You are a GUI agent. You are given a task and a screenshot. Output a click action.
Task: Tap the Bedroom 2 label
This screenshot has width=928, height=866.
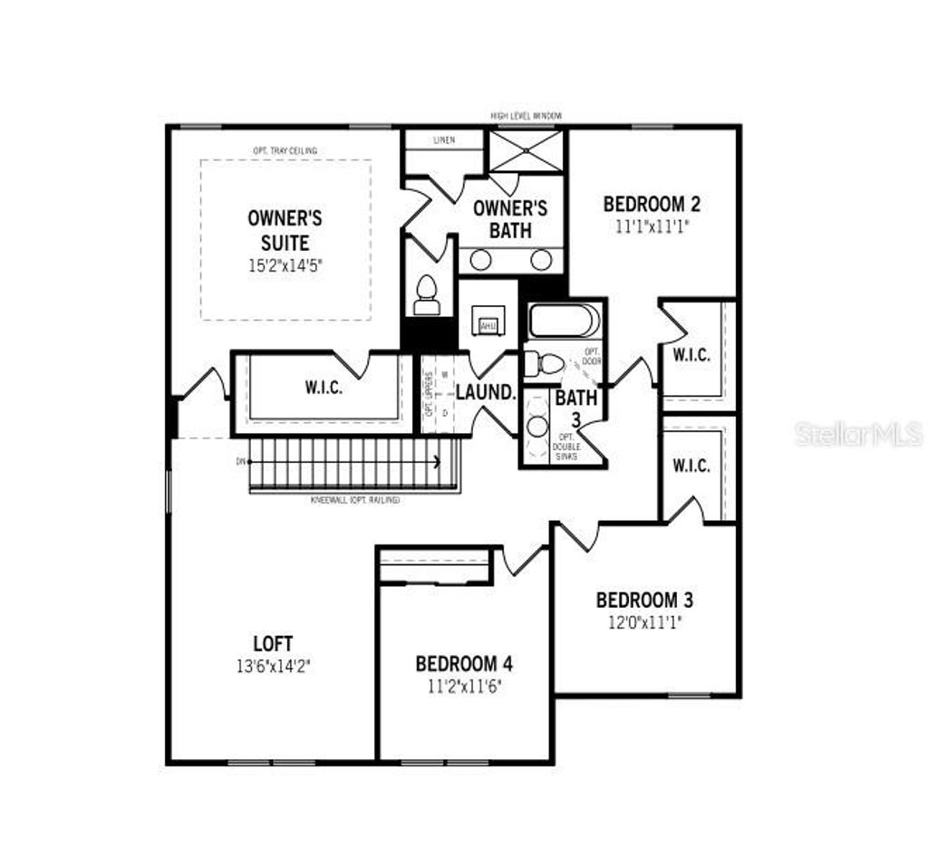(652, 204)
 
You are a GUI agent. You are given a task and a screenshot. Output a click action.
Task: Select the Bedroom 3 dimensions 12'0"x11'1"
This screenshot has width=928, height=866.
(643, 622)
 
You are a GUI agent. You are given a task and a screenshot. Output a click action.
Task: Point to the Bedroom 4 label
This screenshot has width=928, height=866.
(469, 664)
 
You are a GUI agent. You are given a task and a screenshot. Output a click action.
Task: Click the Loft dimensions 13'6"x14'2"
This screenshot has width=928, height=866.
(273, 666)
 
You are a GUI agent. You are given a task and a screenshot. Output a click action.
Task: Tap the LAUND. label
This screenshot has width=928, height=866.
(486, 393)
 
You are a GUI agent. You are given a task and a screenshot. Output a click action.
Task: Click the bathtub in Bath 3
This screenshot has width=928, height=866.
(563, 321)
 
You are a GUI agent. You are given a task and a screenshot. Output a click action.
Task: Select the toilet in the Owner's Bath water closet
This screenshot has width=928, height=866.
(426, 295)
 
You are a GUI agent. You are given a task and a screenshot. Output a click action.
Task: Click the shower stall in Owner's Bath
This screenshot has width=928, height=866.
(527, 150)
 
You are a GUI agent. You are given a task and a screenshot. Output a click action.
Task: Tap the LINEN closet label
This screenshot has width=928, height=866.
(444, 140)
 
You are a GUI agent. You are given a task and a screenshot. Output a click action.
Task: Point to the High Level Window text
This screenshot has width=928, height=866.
(527, 116)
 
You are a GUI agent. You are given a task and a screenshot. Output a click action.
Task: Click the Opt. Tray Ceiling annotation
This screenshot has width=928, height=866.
(285, 150)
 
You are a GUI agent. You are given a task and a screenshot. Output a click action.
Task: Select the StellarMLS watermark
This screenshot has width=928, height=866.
(858, 434)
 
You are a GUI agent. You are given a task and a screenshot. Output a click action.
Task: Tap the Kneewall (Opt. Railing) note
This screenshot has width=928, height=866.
(355, 501)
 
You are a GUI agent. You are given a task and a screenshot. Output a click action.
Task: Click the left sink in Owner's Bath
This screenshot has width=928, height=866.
(480, 260)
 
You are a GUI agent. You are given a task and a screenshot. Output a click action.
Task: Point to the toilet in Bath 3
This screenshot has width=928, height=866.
(546, 364)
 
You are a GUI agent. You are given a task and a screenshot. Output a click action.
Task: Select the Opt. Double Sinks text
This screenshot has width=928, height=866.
(566, 448)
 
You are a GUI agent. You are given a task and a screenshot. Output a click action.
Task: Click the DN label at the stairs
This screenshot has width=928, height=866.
(241, 462)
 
